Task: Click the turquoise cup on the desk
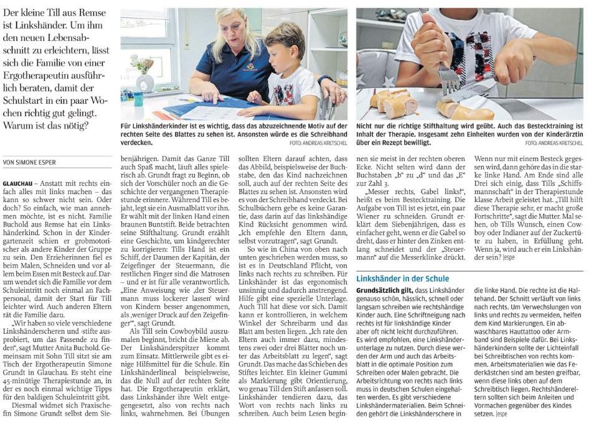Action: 138,98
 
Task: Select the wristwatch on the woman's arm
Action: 326,80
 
